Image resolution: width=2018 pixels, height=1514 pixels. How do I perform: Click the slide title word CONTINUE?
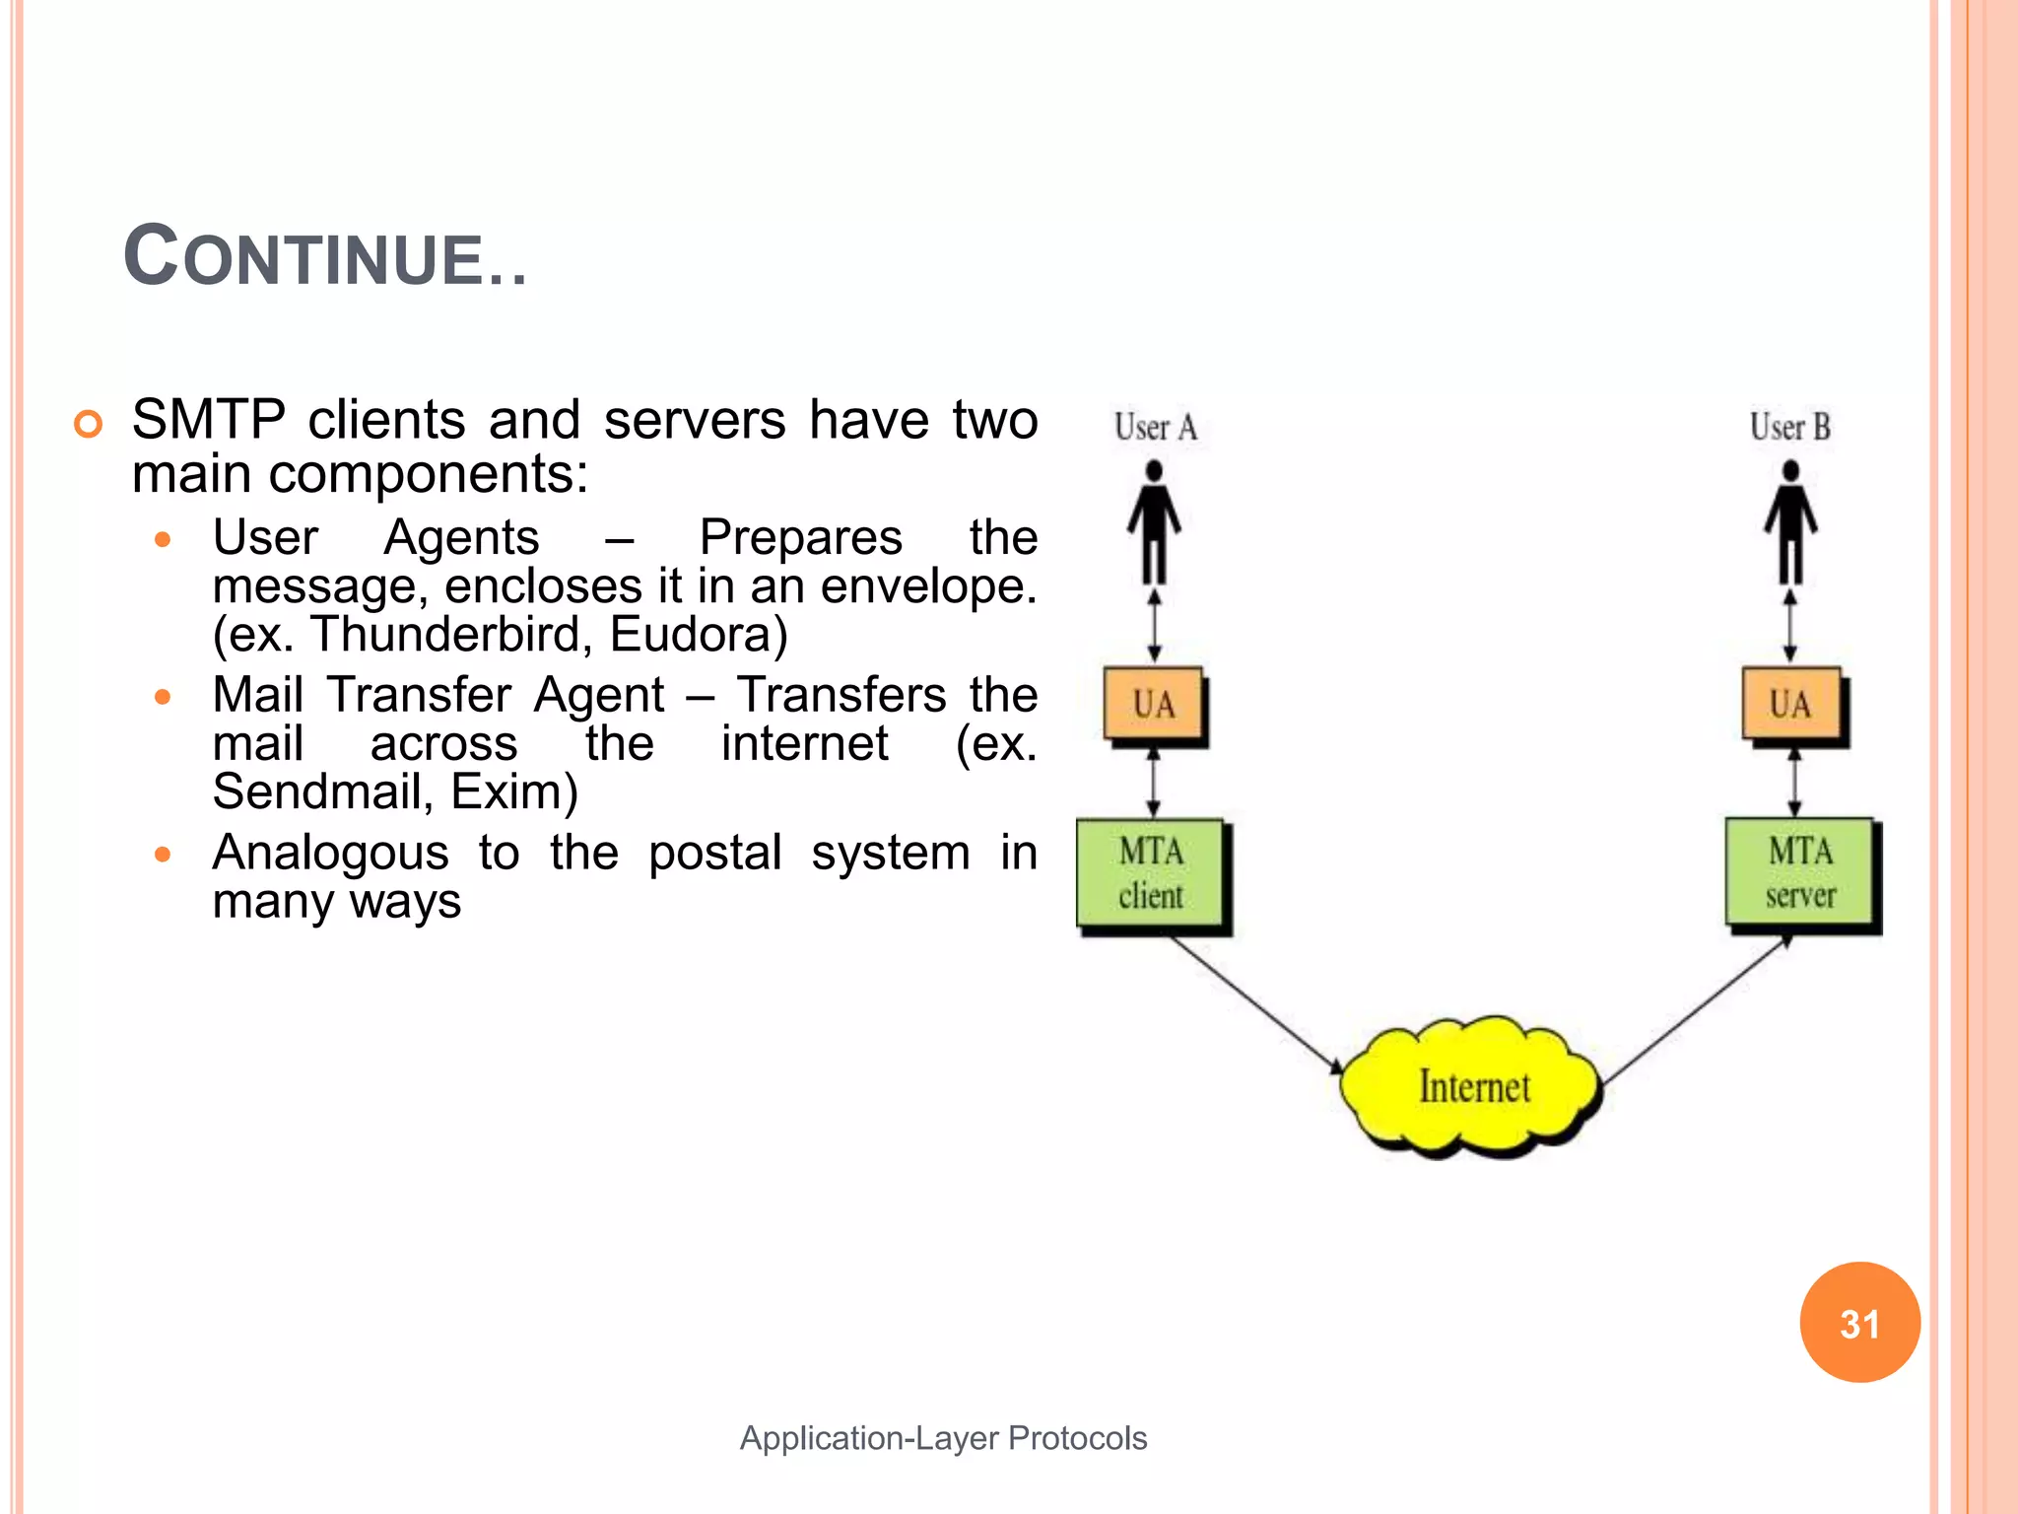[x=325, y=256]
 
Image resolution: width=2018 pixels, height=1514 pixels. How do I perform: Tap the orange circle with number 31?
[x=1859, y=1323]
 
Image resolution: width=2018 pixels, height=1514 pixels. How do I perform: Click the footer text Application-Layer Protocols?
[x=943, y=1438]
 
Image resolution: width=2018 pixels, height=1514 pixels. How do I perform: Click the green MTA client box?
[x=1151, y=873]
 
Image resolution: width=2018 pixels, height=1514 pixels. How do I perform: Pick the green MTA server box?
[x=1799, y=873]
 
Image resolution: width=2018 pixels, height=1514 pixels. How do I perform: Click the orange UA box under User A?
[x=1154, y=704]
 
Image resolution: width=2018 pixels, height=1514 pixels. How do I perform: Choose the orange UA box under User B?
[x=1790, y=704]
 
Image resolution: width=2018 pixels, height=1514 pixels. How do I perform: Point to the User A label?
[x=1155, y=428]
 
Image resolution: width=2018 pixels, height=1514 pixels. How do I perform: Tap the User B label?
[x=1790, y=428]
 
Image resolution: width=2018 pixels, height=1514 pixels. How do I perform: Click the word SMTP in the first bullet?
[x=208, y=420]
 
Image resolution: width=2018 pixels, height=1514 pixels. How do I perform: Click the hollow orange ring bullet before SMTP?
[x=88, y=424]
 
